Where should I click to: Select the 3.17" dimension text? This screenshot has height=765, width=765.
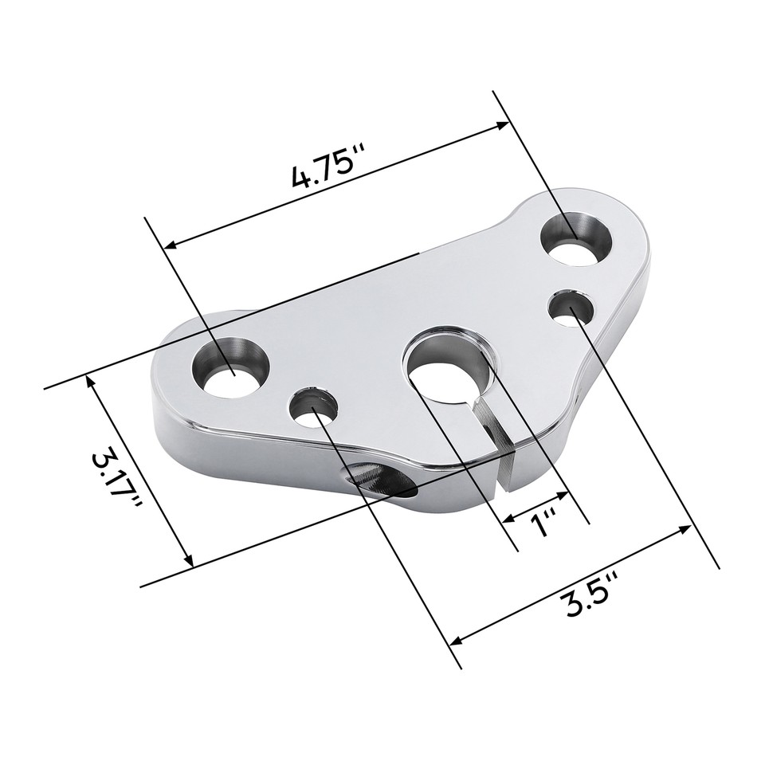pyautogui.click(x=117, y=481)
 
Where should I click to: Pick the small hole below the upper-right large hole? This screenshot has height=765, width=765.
pyautogui.click(x=573, y=308)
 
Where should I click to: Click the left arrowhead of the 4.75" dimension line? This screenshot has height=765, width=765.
pyautogui.click(x=170, y=245)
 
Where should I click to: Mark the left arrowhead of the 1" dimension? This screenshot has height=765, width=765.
pyautogui.click(x=508, y=518)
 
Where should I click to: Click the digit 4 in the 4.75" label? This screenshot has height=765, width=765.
pyautogui.click(x=302, y=176)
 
